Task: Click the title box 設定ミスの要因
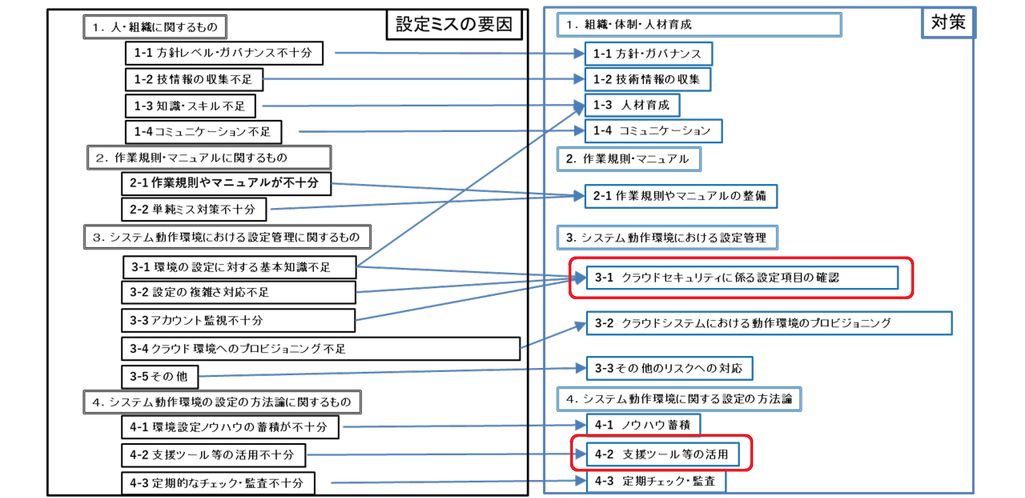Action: (x=454, y=24)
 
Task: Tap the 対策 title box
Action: (x=948, y=23)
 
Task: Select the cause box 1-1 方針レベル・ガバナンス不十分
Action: (x=224, y=53)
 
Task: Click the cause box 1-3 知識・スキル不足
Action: (x=190, y=106)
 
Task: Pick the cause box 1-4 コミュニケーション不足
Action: (x=203, y=132)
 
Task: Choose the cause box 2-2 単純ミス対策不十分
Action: (x=194, y=209)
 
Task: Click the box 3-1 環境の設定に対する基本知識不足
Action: (x=239, y=267)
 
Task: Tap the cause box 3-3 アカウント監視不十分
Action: (x=238, y=320)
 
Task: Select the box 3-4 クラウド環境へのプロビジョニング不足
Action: (x=321, y=349)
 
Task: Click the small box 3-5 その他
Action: (x=160, y=376)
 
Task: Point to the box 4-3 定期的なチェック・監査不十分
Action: (x=218, y=483)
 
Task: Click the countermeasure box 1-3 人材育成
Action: (x=632, y=105)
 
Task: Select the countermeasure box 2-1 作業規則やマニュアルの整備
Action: (x=681, y=196)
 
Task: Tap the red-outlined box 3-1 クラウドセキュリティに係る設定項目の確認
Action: (x=741, y=278)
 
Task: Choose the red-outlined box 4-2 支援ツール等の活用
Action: (x=661, y=453)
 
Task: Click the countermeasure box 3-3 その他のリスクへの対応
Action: (x=669, y=368)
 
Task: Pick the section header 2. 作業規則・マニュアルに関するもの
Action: (x=209, y=158)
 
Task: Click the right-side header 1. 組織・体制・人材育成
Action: (x=699, y=25)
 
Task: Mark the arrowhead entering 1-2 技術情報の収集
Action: (x=579, y=79)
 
